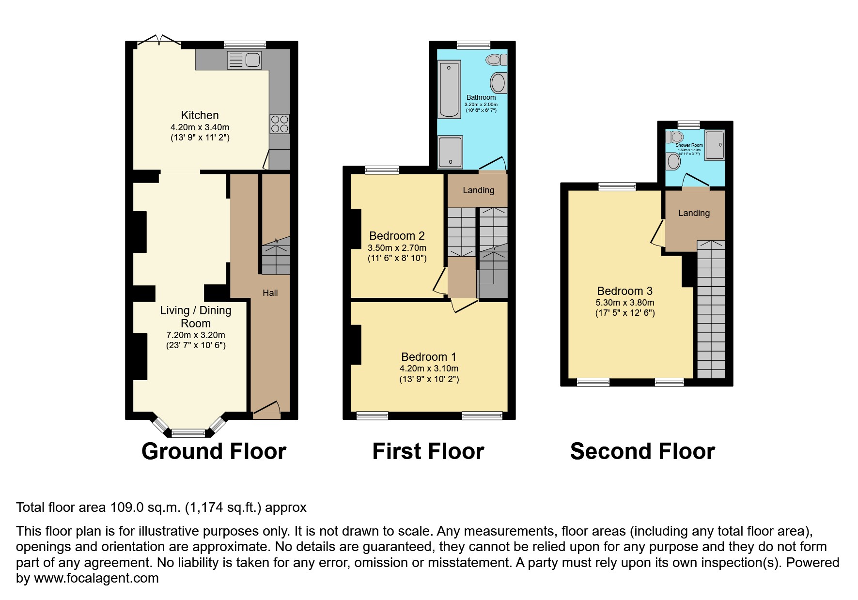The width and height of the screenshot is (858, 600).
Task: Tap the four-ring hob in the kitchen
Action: [280, 123]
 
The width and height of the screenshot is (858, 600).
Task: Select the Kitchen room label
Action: [200, 115]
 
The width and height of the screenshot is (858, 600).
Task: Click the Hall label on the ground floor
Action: [270, 292]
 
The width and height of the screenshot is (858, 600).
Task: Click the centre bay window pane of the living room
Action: [189, 433]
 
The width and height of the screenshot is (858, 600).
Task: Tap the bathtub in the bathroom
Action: [449, 89]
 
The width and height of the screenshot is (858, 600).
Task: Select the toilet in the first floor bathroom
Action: [496, 60]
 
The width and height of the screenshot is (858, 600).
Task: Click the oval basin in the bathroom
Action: [498, 83]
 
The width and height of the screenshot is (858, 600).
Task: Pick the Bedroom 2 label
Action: [397, 236]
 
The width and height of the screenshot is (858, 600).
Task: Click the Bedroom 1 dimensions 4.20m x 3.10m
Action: [428, 369]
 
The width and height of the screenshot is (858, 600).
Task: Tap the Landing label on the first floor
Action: [478, 190]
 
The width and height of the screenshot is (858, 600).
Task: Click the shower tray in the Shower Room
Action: [715, 144]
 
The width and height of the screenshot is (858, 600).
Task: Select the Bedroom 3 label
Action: [624, 291]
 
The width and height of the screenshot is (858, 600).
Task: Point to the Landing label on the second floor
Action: [694, 213]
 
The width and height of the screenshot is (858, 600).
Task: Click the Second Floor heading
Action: [642, 451]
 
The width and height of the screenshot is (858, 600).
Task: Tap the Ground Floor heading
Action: [214, 451]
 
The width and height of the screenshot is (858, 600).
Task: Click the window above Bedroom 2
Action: [382, 169]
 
